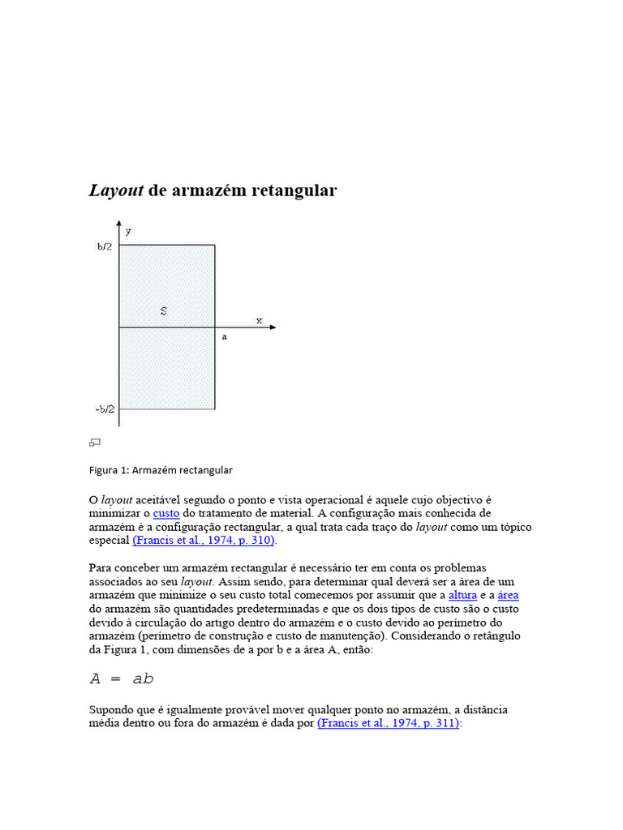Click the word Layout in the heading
116,191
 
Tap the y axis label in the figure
128,231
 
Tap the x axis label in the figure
260,320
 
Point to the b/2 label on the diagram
104,246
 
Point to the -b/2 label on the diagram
104,409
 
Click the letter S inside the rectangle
164,310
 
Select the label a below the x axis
225,337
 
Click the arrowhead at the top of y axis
119,224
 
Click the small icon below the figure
95,443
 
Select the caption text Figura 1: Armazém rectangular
161,470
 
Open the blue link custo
166,514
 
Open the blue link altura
463,595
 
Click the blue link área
508,595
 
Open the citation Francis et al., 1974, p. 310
204,540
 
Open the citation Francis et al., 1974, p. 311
389,723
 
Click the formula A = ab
121,678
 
